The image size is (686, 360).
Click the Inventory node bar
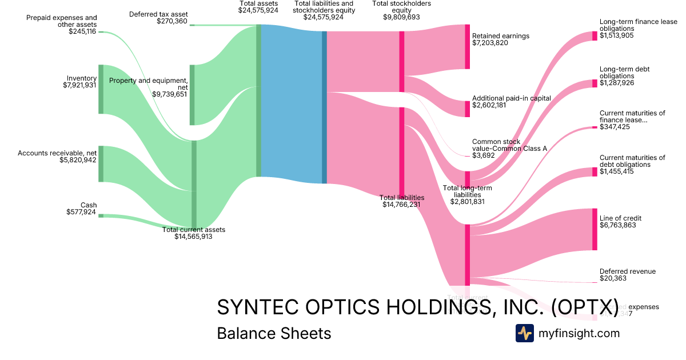tap(101, 89)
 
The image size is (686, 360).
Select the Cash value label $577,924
tap(81, 213)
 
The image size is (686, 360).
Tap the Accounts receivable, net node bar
tap(101, 164)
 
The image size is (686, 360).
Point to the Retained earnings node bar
tap(467, 47)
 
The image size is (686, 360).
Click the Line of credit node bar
tap(595, 229)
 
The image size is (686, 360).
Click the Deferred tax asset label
tap(158, 14)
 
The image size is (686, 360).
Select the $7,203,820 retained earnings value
tap(490, 43)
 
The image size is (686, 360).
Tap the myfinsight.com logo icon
tap(524, 333)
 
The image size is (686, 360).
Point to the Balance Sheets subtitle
tap(274, 333)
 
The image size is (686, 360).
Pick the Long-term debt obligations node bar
tap(595, 83)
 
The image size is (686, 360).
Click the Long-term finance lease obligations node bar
tap(595, 36)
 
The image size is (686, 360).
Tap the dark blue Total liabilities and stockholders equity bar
tap(324, 107)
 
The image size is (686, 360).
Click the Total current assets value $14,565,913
tap(193, 236)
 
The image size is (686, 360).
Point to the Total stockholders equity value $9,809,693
tap(401, 18)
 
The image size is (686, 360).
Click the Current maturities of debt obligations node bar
tap(595, 172)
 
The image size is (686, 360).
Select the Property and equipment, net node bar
tap(192, 94)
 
